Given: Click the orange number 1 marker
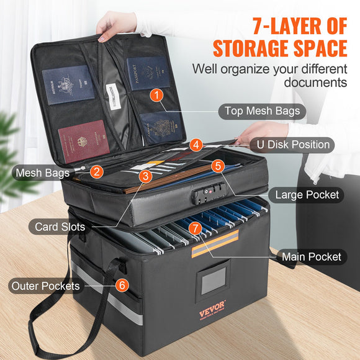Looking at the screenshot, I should [x=157, y=96].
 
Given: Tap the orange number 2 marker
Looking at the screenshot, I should [x=96, y=172].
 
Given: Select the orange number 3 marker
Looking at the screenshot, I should [x=145, y=176].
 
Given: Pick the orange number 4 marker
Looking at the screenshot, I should [x=196, y=145].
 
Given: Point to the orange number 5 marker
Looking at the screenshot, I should [x=217, y=166].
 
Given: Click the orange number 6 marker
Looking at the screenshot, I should [x=122, y=286].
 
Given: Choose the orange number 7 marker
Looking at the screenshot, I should [x=196, y=228].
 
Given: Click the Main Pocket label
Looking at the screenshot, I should [x=311, y=256].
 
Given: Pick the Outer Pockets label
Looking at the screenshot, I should [x=45, y=286].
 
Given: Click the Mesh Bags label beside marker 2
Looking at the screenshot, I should [x=42, y=173].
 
